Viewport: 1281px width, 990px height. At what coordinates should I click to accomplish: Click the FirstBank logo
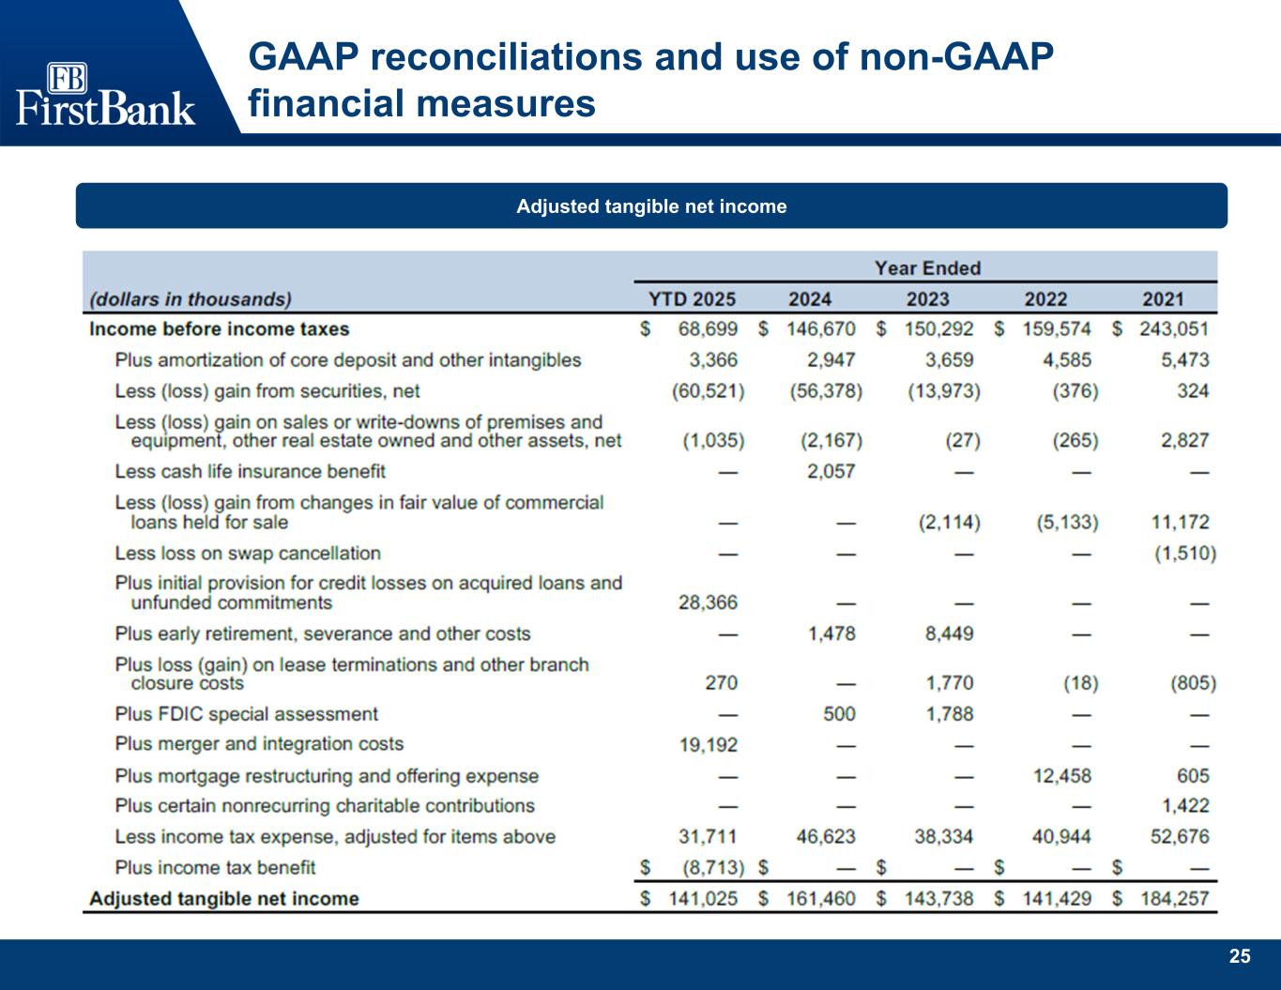pyautogui.click(x=105, y=94)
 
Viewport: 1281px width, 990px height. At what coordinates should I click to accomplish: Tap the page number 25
pyautogui.click(x=1240, y=956)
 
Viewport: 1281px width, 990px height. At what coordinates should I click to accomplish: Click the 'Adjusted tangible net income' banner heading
pyautogui.click(x=651, y=206)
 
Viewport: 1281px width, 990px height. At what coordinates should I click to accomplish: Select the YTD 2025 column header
pyautogui.click(x=693, y=299)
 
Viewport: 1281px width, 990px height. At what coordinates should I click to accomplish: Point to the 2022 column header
pyautogui.click(x=1045, y=299)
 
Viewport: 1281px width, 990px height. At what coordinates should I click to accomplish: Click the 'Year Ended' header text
pyautogui.click(x=927, y=268)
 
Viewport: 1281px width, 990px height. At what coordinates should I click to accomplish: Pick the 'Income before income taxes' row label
pyautogui.click(x=219, y=329)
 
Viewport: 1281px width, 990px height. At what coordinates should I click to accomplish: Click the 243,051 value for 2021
pyautogui.click(x=1173, y=329)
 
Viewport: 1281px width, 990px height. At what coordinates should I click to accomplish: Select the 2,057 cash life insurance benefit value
pyautogui.click(x=831, y=471)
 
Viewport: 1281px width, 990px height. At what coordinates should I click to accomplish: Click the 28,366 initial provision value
pyautogui.click(x=708, y=602)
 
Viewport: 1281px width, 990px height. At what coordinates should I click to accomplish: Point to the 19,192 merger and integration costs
pyautogui.click(x=708, y=745)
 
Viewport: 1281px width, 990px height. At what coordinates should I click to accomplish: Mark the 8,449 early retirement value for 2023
pyautogui.click(x=950, y=634)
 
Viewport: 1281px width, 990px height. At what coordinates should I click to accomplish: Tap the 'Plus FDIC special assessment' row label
pyautogui.click(x=246, y=714)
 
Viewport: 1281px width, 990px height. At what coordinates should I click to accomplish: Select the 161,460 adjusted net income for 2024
pyautogui.click(x=820, y=899)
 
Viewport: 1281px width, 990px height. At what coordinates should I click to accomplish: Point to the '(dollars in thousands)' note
pyautogui.click(x=191, y=299)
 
